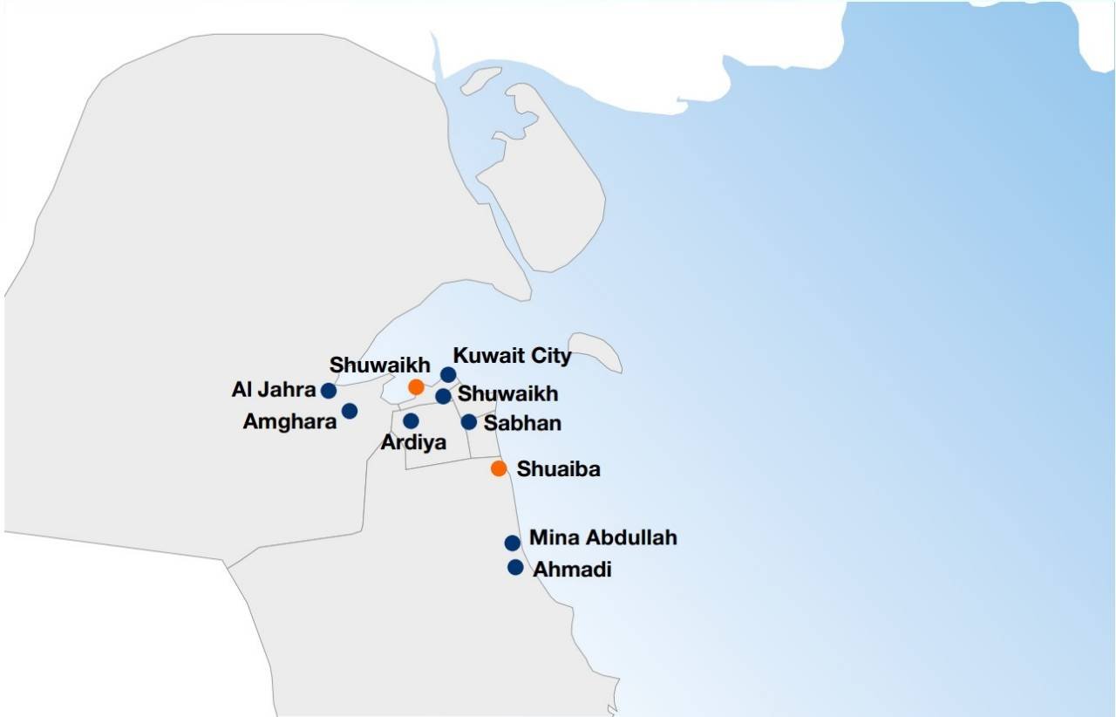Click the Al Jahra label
273,390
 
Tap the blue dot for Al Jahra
329,391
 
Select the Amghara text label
289,422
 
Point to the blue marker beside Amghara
350,411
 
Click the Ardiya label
413,442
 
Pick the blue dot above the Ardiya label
411,421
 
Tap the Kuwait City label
513,356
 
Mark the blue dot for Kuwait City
448,375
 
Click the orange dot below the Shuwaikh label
417,386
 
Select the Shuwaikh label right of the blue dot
507,394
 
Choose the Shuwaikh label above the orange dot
379,365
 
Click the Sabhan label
522,423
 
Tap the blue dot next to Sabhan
469,422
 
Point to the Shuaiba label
558,469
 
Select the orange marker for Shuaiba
499,468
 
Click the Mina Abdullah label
602,537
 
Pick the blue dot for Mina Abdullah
513,543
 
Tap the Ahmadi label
572,570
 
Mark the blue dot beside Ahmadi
515,568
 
